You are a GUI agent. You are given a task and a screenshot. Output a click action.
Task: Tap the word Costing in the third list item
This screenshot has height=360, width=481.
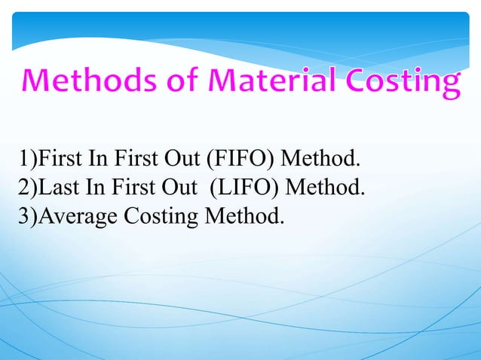coord(159,217)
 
